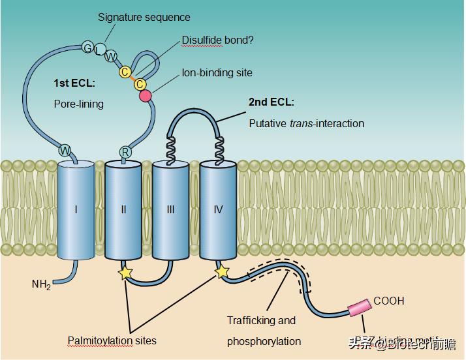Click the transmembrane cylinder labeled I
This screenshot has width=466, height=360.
pos(76,210)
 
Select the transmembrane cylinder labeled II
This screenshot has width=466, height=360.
pos(123,210)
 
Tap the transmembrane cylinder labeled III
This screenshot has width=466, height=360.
pos(170,210)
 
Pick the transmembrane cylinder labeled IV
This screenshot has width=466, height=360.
pos(218,210)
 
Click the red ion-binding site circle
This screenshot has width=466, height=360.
pos(146,97)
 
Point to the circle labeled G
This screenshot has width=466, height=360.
pos(87,47)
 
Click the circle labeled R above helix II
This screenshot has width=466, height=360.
pos(125,152)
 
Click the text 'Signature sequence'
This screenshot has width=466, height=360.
pos(144,17)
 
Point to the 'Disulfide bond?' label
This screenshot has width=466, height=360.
pos(217,40)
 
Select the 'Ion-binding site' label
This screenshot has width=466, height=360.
pos(217,73)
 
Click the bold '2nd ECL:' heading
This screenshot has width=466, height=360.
pos(272,102)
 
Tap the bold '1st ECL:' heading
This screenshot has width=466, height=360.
pos(74,84)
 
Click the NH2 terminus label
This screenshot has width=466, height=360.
pos(41,284)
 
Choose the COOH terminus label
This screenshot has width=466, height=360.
pos(389,301)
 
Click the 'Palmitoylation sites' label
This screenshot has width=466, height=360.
pos(112,340)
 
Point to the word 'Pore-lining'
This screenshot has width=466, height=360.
pos(78,104)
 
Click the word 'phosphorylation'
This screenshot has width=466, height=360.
pos(264,341)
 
